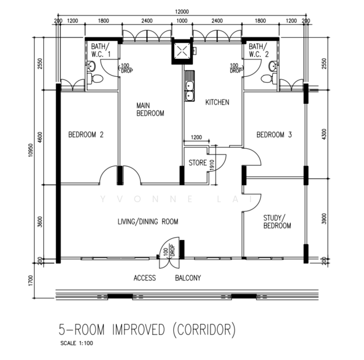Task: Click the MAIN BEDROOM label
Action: pos(150,109)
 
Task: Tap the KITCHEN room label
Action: pos(217,102)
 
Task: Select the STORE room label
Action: pos(197,163)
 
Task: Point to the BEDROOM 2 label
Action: pos(86,134)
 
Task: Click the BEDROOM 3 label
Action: pos(274,134)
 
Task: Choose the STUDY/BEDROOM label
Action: pos(277,222)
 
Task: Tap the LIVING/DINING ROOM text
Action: pos(148,221)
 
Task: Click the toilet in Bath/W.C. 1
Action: pos(95,79)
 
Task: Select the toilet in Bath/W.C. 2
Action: pos(269,79)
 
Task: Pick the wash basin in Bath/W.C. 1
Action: pos(91,67)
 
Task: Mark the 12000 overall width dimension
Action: pos(182,11)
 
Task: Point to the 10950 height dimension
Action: pos(31,150)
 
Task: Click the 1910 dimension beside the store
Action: pos(212,165)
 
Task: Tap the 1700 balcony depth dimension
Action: pos(31,281)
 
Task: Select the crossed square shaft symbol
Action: pos(182,51)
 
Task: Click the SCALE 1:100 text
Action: pos(77,343)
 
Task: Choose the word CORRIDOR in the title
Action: pos(204,329)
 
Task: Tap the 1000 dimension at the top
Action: pos(182,21)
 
